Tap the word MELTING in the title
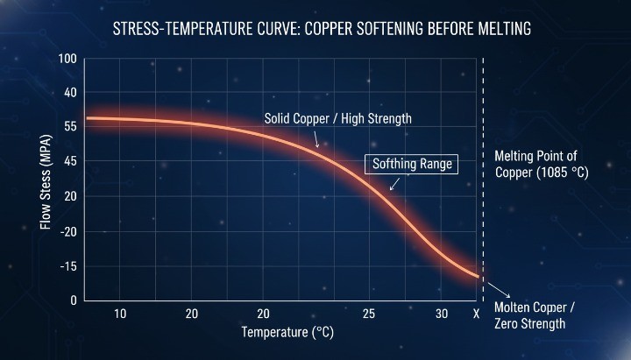pos(497,30)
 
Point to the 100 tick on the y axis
pos(67,60)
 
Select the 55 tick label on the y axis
pos(70,127)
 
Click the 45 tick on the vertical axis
pos(70,161)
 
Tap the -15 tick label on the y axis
pos(68,265)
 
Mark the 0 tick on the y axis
pos(74,300)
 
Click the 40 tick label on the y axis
pos(70,93)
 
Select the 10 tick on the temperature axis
pos(120,314)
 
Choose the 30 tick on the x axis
pos(443,314)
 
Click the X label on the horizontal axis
pos(476,314)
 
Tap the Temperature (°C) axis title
pos(287,333)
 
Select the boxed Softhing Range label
pos(411,164)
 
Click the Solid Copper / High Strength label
pos(337,117)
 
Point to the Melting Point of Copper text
pos(535,165)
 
